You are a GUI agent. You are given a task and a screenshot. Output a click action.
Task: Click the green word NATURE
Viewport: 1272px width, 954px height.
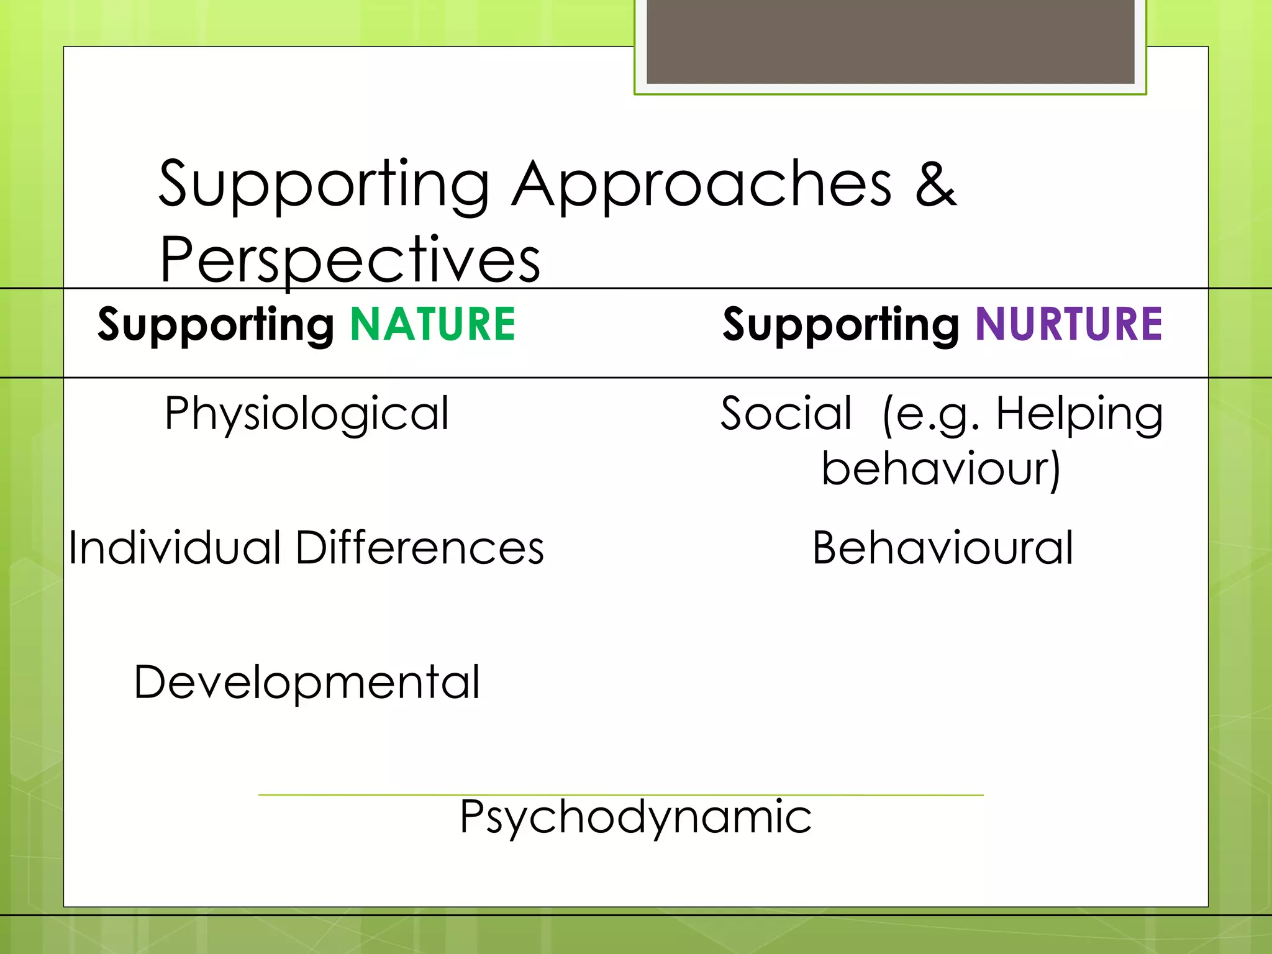click(x=432, y=324)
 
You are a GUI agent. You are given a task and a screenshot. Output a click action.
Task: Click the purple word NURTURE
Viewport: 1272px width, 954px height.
click(x=1068, y=324)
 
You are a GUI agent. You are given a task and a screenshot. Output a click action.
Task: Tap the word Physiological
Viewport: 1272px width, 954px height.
click(x=307, y=415)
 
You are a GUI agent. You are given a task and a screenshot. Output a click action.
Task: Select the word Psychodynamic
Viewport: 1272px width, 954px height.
click(x=635, y=817)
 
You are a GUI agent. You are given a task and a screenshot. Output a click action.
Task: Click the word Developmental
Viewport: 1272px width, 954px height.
click(x=307, y=683)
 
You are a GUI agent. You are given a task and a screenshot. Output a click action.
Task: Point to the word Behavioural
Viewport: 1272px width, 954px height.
click(x=942, y=548)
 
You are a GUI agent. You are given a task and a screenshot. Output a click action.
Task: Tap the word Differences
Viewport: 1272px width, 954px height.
click(x=420, y=548)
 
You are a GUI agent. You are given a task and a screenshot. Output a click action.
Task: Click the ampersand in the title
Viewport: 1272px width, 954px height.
click(x=936, y=184)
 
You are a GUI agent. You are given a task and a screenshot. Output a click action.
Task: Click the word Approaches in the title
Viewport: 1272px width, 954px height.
click(x=702, y=184)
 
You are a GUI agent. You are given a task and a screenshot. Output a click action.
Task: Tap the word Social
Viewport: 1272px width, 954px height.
click(x=786, y=414)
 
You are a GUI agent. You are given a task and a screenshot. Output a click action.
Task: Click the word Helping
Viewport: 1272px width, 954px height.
click(x=1079, y=415)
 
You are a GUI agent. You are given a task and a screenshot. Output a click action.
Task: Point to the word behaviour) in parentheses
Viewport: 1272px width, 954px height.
click(x=941, y=469)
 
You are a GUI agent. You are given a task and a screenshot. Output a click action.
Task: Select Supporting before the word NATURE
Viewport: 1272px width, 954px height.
click(x=216, y=325)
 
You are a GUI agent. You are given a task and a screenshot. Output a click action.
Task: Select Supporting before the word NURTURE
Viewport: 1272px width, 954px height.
click(x=841, y=325)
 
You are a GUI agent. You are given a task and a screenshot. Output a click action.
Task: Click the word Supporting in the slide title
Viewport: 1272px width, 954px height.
click(x=324, y=184)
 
